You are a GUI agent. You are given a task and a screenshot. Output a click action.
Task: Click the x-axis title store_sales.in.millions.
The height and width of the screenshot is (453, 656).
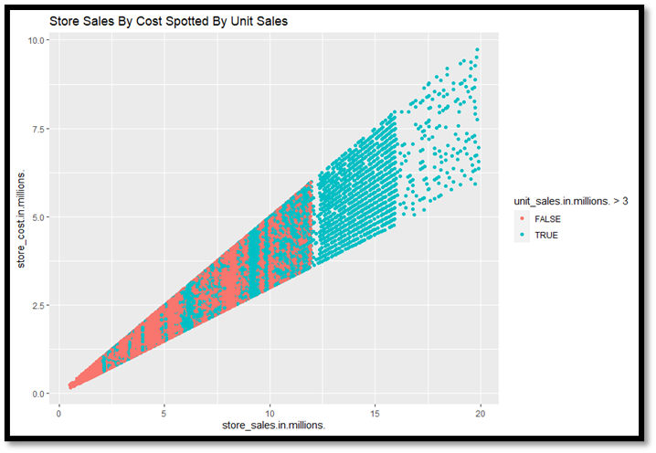[275, 427]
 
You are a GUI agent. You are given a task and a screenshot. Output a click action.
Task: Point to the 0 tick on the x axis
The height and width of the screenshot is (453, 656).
[59, 412]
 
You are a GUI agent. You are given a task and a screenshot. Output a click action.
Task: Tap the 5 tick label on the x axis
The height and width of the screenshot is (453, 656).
[164, 412]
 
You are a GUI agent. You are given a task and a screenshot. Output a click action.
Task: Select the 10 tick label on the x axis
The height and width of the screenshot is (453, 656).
[270, 412]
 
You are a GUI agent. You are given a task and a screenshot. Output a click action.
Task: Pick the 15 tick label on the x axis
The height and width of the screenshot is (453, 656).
[375, 412]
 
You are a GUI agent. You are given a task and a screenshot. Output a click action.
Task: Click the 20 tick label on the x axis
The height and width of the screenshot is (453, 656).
[480, 412]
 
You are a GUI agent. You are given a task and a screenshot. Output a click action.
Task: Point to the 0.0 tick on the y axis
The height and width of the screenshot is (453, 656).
[37, 394]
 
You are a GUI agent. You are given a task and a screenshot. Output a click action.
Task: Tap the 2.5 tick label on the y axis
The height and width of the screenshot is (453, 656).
[37, 306]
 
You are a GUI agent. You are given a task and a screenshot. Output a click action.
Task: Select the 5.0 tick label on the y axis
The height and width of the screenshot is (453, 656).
[37, 217]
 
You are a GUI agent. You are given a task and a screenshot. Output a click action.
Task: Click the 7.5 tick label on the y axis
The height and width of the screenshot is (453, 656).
[37, 129]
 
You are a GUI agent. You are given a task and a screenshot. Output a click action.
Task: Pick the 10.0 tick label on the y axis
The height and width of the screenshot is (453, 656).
[36, 41]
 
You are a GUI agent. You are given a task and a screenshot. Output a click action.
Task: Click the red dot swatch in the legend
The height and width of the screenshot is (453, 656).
[523, 219]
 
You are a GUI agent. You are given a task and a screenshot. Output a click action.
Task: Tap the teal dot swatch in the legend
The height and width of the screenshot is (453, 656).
[523, 235]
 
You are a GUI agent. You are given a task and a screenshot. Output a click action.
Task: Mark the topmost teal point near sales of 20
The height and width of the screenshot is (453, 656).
[477, 49]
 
